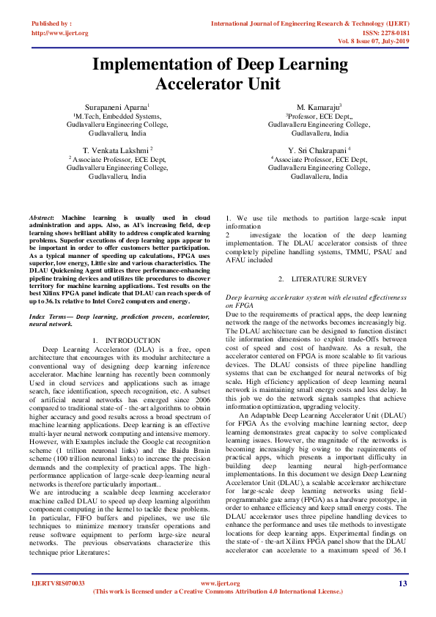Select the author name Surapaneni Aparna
coord(117,106)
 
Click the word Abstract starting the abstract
coord(43,219)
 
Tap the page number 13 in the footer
coord(402,583)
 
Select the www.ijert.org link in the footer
coord(217,583)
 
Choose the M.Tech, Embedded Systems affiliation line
coord(117,116)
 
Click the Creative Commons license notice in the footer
coord(217,591)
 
